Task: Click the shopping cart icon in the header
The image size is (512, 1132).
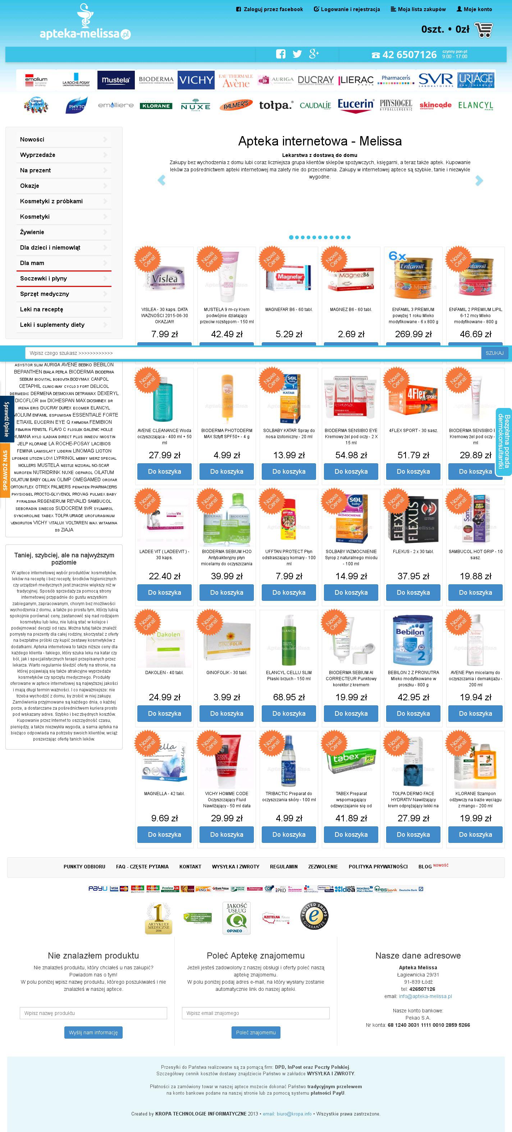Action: point(484,29)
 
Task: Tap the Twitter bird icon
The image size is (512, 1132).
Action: point(297,54)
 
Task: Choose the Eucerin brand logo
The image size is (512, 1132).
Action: point(355,106)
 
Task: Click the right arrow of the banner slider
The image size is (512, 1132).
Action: point(479,180)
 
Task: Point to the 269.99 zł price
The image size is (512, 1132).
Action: point(413,334)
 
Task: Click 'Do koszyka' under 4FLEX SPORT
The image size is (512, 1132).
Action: point(413,472)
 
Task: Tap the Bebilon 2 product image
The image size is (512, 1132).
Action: point(413,640)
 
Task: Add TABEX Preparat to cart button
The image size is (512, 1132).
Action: point(351,835)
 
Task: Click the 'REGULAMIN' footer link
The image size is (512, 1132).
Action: point(284,867)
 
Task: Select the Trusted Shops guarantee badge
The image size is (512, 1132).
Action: point(314,915)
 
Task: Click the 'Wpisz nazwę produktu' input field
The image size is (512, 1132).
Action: point(93,1013)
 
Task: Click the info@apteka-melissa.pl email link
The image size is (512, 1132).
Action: point(425,996)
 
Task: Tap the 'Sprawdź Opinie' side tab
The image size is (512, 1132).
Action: point(6,419)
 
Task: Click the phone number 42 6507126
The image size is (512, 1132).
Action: point(409,55)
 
